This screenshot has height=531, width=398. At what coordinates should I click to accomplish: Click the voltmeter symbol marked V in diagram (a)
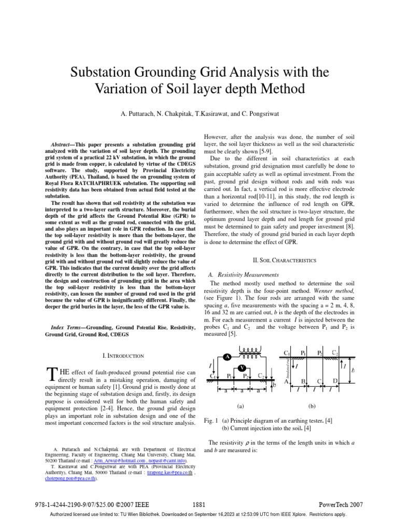click(242, 368)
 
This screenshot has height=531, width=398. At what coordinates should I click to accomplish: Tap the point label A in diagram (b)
click(286, 382)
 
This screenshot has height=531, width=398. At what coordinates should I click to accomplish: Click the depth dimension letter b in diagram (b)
click(353, 371)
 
